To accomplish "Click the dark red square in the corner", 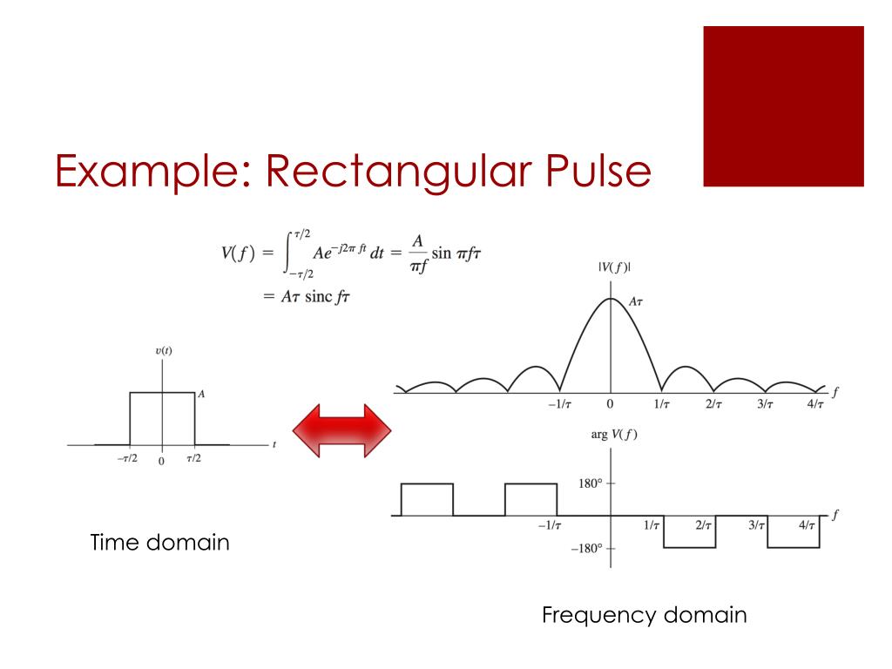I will pyautogui.click(x=783, y=106).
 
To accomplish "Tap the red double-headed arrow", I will pyautogui.click(x=341, y=430).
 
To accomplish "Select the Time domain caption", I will pyautogui.click(x=160, y=543).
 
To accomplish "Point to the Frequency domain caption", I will pyautogui.click(x=644, y=615).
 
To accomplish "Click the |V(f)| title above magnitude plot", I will pyautogui.click(x=614, y=267).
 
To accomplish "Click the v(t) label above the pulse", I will pyautogui.click(x=163, y=351).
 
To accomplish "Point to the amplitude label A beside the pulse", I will pyautogui.click(x=201, y=394).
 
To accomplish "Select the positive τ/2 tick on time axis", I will pyautogui.click(x=193, y=459).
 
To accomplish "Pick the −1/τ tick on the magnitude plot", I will pyautogui.click(x=559, y=405).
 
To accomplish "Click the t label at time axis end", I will pyautogui.click(x=274, y=444).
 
